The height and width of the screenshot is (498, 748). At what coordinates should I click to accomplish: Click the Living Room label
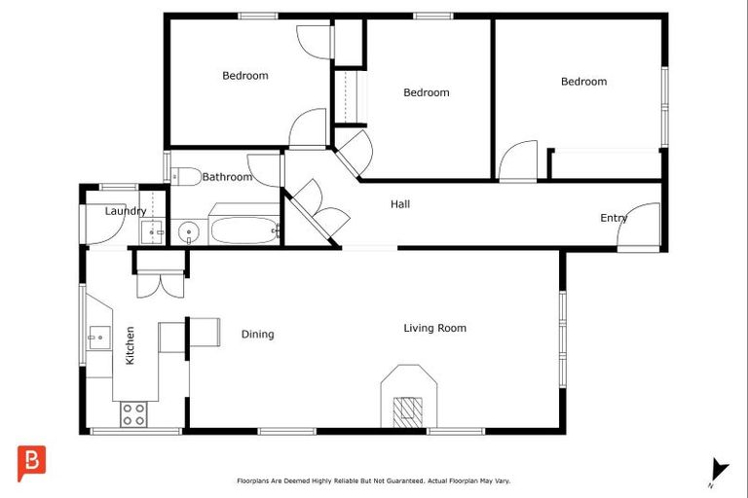[x=434, y=328]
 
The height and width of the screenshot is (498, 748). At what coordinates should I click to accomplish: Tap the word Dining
[x=257, y=335]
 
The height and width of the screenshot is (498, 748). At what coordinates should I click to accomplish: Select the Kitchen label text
[x=130, y=345]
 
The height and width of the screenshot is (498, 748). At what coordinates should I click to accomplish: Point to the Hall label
[x=399, y=204]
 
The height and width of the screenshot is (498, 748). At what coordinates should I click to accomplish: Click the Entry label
[x=613, y=218]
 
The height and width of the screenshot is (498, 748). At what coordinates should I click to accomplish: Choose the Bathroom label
[x=227, y=177]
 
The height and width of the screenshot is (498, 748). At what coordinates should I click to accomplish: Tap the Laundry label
[x=126, y=211]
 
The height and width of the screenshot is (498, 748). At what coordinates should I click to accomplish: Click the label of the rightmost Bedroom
[x=583, y=82]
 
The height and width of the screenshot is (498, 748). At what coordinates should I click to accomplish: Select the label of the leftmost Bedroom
[x=244, y=76]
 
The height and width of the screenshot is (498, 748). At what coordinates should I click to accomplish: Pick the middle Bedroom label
[x=427, y=92]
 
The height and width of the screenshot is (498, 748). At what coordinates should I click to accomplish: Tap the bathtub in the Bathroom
[x=243, y=231]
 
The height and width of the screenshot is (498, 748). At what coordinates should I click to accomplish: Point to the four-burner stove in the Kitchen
[x=133, y=414]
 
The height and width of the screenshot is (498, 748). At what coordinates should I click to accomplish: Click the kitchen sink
[x=97, y=338]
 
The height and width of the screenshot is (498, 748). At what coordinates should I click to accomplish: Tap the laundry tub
[x=151, y=231]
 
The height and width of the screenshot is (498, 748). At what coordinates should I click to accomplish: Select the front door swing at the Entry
[x=640, y=227]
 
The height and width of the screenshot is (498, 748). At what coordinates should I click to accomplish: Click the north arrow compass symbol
[x=718, y=469]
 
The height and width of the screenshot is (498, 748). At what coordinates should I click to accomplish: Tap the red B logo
[x=31, y=463]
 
